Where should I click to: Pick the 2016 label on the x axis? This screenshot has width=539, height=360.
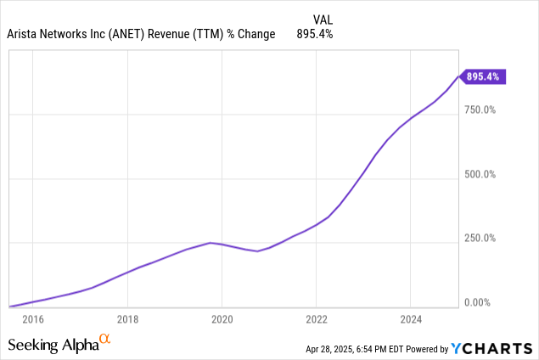coord(32,320)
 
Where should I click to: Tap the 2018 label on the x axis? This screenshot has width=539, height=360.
coord(126,320)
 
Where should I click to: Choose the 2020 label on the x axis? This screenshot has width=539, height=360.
coord(222,320)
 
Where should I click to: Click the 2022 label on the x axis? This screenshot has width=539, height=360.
coord(316,320)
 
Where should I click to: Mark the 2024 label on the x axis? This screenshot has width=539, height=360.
coord(410,320)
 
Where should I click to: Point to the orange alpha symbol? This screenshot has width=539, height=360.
coord(105,340)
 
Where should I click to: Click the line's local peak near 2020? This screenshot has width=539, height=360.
coord(211,243)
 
